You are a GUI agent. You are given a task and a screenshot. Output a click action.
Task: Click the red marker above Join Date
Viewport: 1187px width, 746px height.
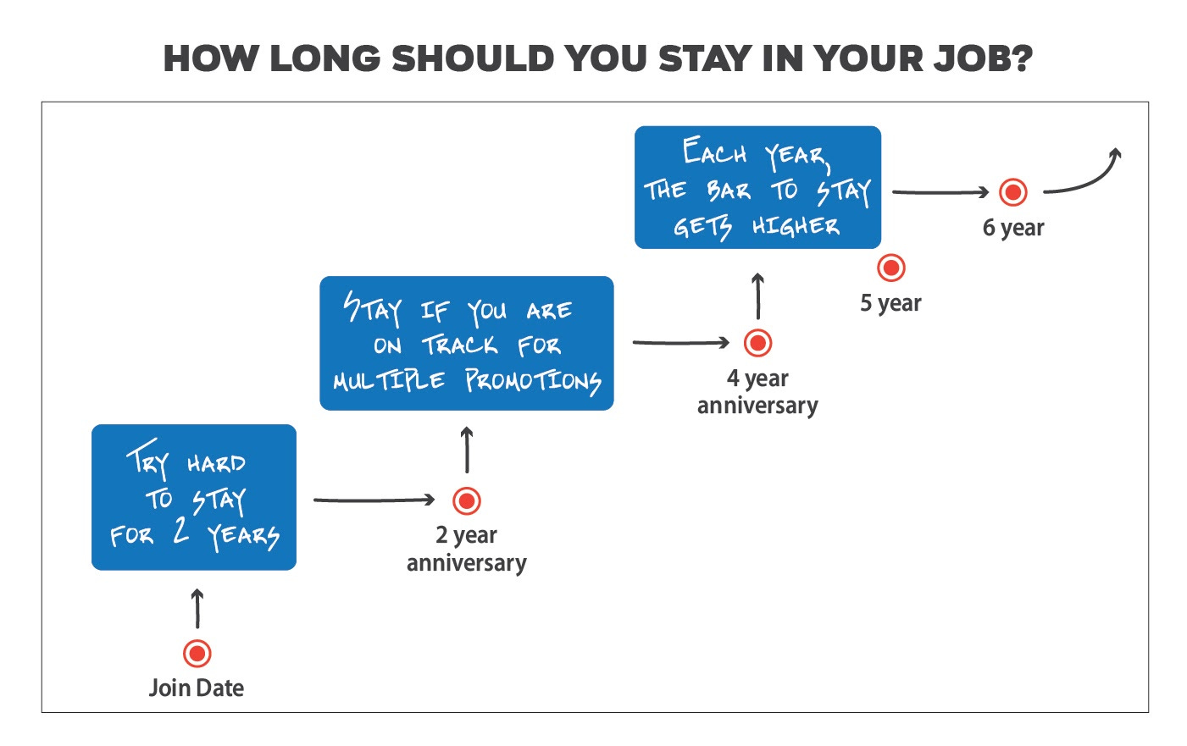197,654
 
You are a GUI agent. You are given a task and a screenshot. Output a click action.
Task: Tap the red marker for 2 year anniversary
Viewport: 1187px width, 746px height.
467,500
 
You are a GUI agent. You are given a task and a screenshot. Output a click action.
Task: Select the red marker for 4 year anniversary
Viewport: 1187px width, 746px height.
757,343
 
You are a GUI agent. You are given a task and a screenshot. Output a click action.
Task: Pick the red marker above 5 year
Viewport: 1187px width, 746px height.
890,268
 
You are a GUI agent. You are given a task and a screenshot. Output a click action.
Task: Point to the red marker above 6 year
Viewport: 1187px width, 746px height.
1012,192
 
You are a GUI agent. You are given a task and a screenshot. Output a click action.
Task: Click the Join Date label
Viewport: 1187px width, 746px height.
197,688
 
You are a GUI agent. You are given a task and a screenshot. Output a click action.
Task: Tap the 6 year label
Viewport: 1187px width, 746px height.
1013,228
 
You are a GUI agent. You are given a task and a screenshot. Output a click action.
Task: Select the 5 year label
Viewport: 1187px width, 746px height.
890,303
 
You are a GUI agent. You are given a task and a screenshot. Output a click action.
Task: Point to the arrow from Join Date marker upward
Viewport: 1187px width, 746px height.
197,608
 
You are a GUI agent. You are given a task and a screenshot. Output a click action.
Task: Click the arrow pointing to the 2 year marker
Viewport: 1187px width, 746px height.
374,500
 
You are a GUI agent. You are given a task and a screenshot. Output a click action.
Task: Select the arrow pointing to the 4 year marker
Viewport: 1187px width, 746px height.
680,343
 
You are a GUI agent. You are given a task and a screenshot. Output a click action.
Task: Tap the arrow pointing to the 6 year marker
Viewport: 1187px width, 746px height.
940,192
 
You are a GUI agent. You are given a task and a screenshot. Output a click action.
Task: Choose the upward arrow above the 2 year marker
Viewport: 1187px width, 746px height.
467,450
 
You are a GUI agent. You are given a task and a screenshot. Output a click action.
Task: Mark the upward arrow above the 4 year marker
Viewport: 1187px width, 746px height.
757,296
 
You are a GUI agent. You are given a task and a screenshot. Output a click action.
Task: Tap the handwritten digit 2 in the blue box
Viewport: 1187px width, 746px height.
180,530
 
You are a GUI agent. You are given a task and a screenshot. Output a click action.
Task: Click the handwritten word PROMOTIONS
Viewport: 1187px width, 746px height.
533,381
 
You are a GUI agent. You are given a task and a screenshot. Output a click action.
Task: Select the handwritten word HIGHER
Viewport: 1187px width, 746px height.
796,226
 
